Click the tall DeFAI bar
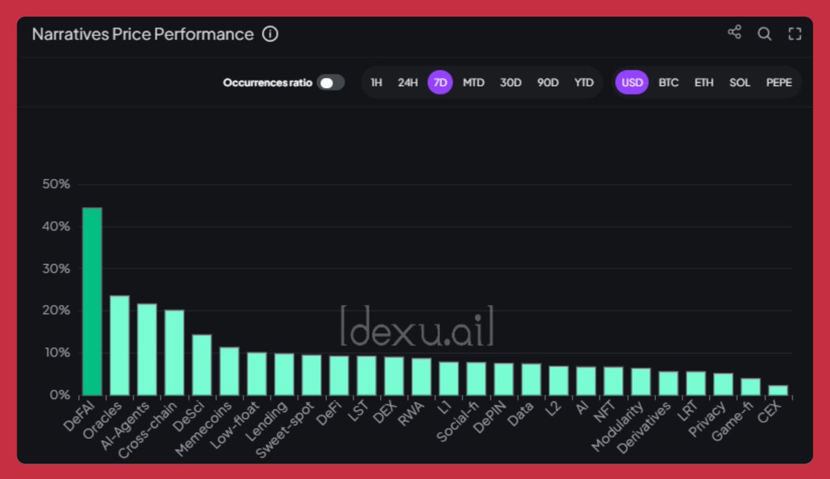point(92,301)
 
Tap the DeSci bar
point(202,364)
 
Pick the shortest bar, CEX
point(777,390)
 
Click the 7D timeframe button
point(440,82)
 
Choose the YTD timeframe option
point(584,82)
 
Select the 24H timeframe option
point(407,82)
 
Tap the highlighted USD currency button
point(632,82)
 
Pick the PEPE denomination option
point(779,82)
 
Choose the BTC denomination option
point(668,82)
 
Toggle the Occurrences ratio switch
point(331,83)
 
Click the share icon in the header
point(735,32)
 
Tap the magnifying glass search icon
point(764,33)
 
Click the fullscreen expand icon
point(795,33)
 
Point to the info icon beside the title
point(270,34)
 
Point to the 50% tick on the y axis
point(56,185)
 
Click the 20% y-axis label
point(56,311)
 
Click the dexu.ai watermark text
point(417,326)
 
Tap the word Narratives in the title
point(66,34)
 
